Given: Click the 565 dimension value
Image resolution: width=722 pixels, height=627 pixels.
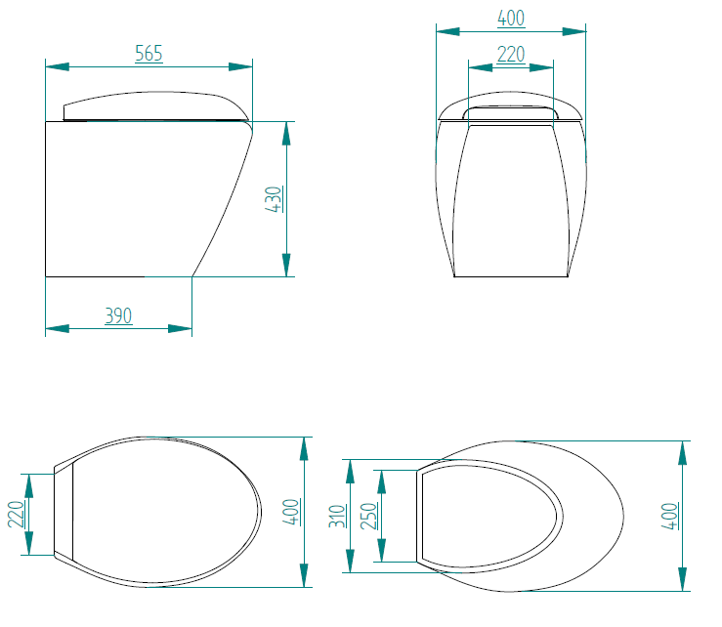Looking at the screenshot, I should pyautogui.click(x=149, y=54).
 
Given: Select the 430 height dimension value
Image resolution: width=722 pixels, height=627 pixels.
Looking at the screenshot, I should pyautogui.click(x=275, y=199).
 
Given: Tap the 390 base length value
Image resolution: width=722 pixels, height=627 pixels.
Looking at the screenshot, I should pyautogui.click(x=118, y=315).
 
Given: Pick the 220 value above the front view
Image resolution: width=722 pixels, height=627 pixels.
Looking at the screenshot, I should pyautogui.click(x=510, y=55).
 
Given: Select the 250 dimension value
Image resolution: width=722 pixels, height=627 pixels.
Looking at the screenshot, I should pyautogui.click(x=368, y=515).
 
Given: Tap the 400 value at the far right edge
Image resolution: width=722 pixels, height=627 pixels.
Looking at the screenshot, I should pyautogui.click(x=669, y=515).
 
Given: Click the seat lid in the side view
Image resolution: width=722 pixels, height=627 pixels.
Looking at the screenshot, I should pyautogui.click(x=147, y=104).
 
